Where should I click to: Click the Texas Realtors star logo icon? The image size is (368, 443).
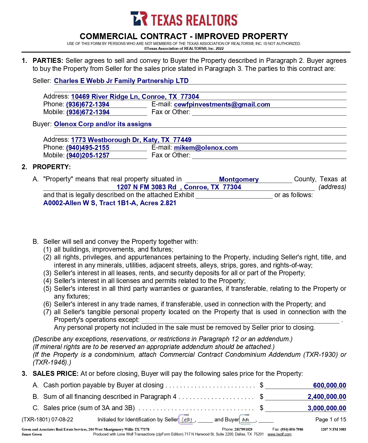click(x=139, y=19)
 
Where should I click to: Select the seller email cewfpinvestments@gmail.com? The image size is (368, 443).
click(x=222, y=105)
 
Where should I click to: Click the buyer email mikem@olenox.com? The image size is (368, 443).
click(x=206, y=148)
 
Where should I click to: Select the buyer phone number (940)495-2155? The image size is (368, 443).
click(x=88, y=148)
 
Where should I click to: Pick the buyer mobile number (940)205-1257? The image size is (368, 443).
click(x=88, y=156)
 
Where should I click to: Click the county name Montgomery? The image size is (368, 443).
click(x=239, y=180)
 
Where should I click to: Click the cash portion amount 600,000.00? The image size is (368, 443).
click(x=329, y=386)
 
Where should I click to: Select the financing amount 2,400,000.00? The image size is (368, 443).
click(x=327, y=397)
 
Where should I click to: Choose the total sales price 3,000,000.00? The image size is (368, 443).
click(x=327, y=408)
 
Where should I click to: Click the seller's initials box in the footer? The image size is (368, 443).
click(x=187, y=420)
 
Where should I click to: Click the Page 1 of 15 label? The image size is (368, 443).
click(x=330, y=420)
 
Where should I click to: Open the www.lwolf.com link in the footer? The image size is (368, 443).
click(x=279, y=434)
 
